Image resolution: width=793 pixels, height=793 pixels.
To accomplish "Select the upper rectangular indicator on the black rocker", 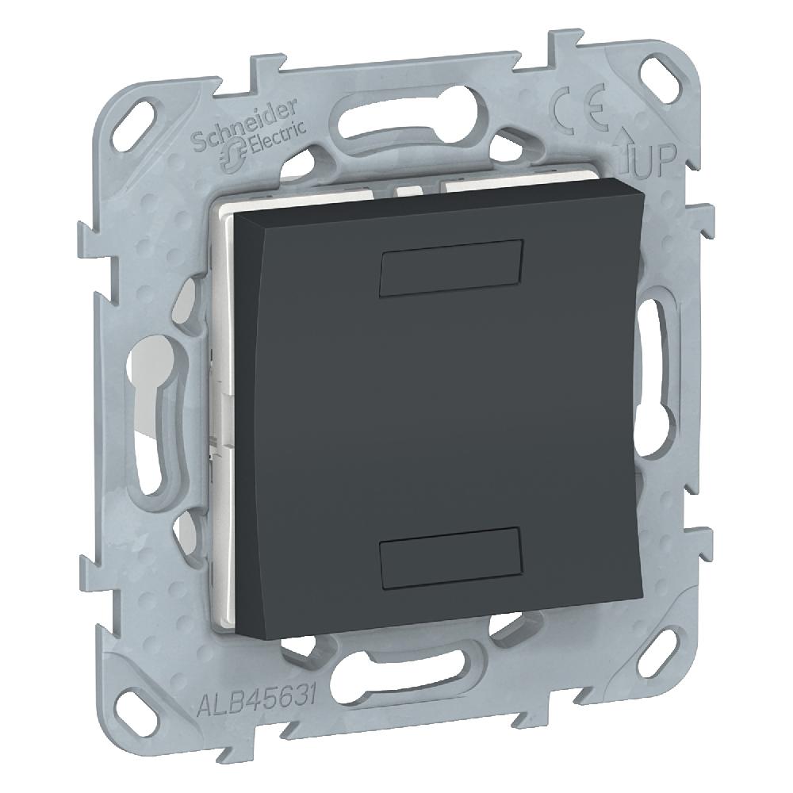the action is (x=450, y=267).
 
